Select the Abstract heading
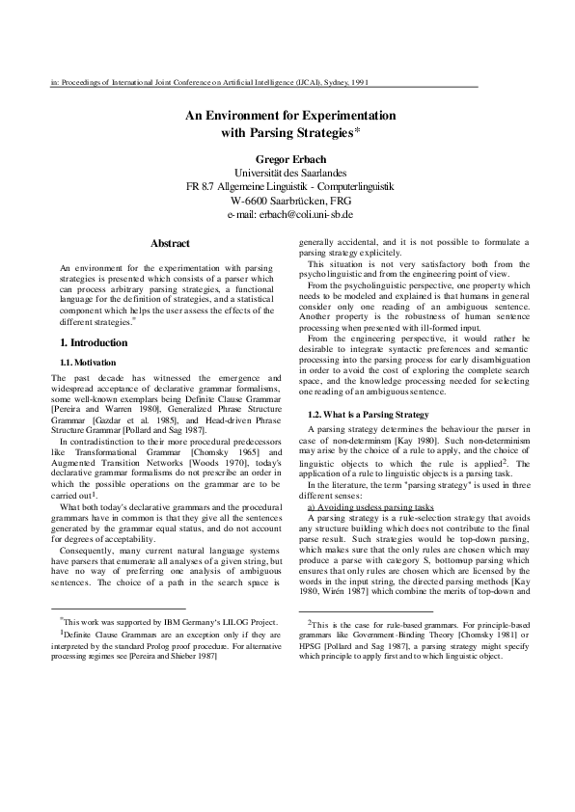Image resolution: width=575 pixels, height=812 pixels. click(171, 243)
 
